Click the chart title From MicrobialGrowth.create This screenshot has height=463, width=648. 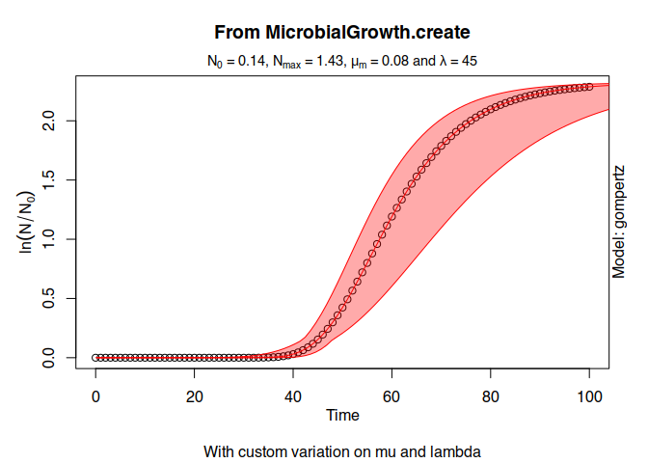[342, 32]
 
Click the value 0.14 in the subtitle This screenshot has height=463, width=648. [252, 61]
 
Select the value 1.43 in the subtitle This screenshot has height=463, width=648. [330, 61]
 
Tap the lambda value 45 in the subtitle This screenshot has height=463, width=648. [469, 61]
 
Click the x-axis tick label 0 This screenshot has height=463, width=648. [95, 396]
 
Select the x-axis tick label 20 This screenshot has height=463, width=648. [194, 396]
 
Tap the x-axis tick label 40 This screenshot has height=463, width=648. [293, 396]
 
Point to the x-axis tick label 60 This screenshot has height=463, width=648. [391, 396]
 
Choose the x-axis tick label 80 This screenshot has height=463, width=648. [491, 396]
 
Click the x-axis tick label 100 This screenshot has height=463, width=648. [589, 396]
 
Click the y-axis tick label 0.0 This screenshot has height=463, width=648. [49, 358]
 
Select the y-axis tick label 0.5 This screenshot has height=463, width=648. [49, 298]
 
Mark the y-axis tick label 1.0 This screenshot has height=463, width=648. [49, 239]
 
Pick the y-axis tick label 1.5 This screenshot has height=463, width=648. [49, 180]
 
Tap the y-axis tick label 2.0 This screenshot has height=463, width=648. [49, 122]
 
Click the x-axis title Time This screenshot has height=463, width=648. [342, 415]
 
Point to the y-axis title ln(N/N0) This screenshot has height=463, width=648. [26, 222]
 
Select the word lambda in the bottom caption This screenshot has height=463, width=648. [455, 451]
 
